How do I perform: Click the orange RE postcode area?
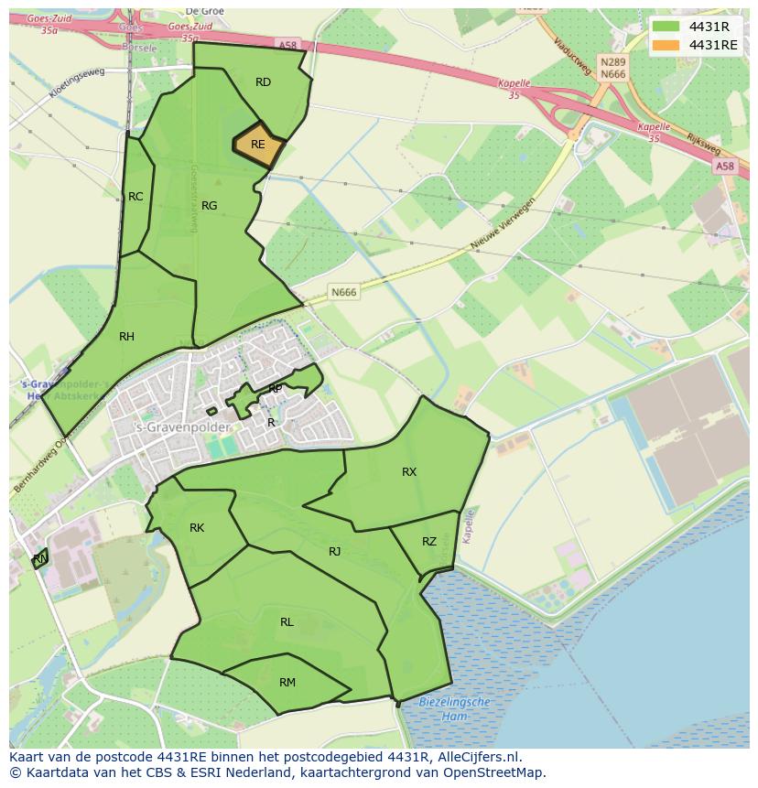point(258,145)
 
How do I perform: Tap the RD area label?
point(263,82)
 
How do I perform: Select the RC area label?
point(135,197)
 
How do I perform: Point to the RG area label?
point(209,206)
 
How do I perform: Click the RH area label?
point(126,337)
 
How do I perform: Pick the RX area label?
point(409,472)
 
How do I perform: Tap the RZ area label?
point(429,542)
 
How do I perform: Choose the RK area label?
point(197,528)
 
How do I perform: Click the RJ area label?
point(334,551)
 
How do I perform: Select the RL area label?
point(287,622)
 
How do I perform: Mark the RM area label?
point(287,682)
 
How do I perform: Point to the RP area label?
point(275,389)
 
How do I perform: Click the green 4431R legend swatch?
point(666,27)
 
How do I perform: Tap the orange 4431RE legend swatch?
point(666,45)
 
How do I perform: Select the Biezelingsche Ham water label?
point(455,708)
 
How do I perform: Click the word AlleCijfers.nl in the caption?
point(476,757)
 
